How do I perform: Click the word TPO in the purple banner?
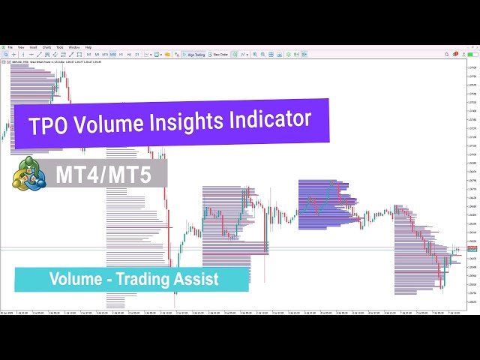coord(48,125)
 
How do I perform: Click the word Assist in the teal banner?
coord(197,280)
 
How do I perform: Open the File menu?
coord(10,47)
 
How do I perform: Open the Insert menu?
coord(33,47)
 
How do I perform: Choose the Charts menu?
coord(47,47)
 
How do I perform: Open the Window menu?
coord(74,47)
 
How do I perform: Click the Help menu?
coord(88,47)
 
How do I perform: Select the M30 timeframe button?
coord(112,54)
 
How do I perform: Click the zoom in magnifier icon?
coord(255,54)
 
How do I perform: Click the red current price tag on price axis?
coord(472,248)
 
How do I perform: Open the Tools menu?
coord(60,47)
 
